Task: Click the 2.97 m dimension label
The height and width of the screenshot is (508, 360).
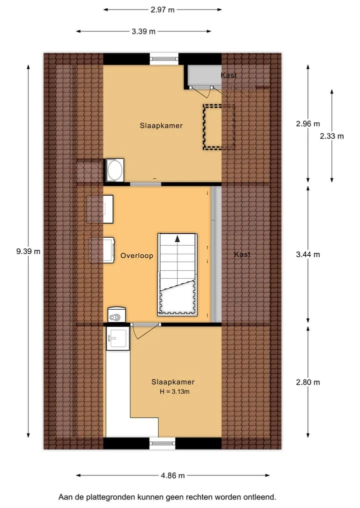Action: pyautogui.click(x=162, y=9)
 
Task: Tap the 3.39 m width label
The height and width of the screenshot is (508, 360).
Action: pyautogui.click(x=143, y=31)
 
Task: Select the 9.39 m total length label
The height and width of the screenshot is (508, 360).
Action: pyautogui.click(x=28, y=251)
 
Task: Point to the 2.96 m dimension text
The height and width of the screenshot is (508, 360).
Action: pyautogui.click(x=308, y=124)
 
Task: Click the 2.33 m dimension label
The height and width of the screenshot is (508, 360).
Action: pyautogui.click(x=332, y=136)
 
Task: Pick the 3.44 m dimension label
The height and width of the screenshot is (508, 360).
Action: pyautogui.click(x=308, y=255)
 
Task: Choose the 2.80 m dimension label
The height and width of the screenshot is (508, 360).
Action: pyautogui.click(x=308, y=382)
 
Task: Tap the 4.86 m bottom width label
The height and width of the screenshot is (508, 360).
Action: pyautogui.click(x=173, y=476)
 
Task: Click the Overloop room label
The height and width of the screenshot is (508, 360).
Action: pyautogui.click(x=136, y=256)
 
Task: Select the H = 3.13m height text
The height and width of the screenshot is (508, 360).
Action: pyautogui.click(x=174, y=392)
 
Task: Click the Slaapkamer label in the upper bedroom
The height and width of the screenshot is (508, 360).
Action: pyautogui.click(x=161, y=126)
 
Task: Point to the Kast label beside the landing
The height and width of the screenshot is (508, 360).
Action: pyautogui.click(x=242, y=255)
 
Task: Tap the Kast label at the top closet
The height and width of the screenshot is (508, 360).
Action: pyautogui.click(x=228, y=75)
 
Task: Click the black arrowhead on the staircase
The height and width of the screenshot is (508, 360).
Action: pyautogui.click(x=177, y=239)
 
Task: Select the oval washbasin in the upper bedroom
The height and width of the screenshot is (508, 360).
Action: pyautogui.click(x=115, y=170)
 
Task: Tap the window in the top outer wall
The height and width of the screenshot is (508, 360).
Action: pyautogui.click(x=164, y=58)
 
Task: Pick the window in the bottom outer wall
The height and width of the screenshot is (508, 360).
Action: pyautogui.click(x=162, y=443)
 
